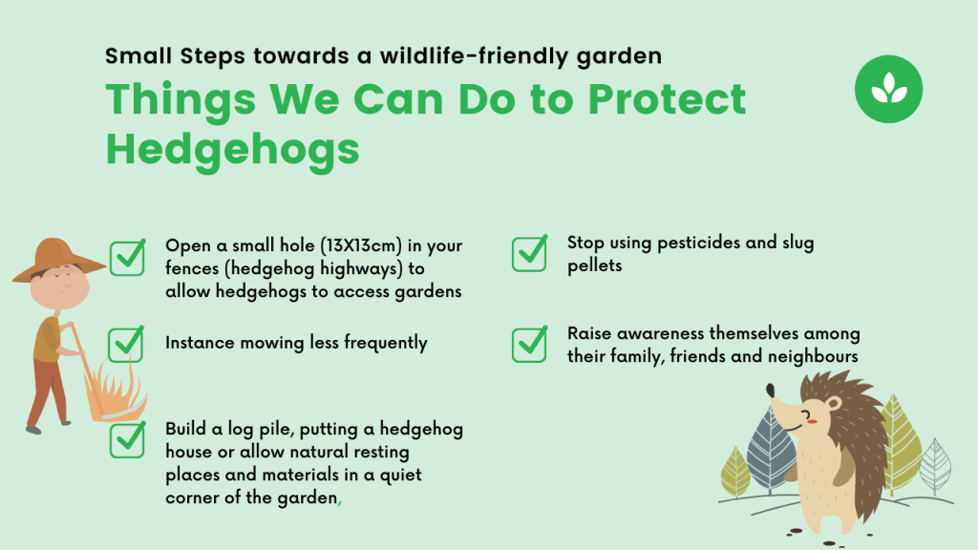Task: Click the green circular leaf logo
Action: point(888,89)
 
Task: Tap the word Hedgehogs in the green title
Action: point(233,150)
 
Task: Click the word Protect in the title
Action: point(667,99)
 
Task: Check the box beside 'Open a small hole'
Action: point(128,258)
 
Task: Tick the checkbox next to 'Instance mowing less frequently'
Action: point(127,344)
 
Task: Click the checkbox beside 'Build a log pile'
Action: point(128,439)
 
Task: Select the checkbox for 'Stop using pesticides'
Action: point(529,253)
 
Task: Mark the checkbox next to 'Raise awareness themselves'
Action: point(529,344)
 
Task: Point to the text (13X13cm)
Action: point(361,245)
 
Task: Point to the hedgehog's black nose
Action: point(771,391)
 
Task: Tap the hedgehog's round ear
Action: point(833,404)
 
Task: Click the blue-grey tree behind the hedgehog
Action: point(771,452)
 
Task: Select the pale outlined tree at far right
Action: point(935,467)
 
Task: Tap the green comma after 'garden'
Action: point(339,500)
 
